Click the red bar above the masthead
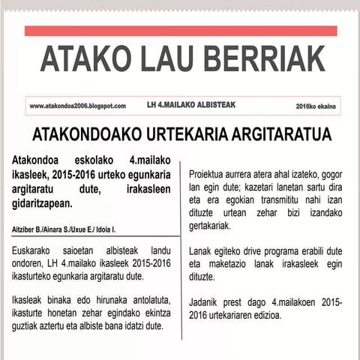click(x=181, y=31)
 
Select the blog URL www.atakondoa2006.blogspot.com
click(x=77, y=106)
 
